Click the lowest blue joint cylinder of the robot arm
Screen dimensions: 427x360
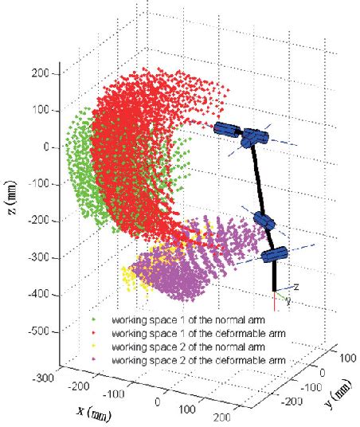pos(274,255)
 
